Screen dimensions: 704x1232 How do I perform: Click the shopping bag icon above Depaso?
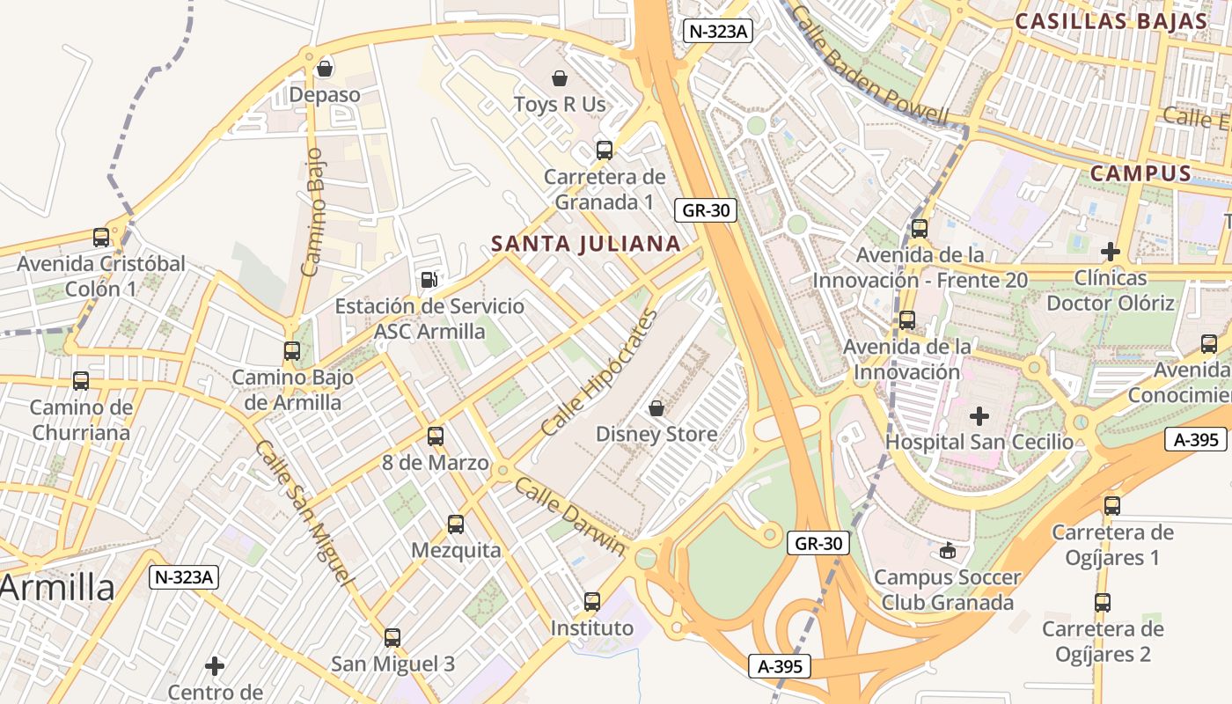click(x=325, y=68)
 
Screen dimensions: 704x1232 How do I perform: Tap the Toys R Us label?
click(x=560, y=105)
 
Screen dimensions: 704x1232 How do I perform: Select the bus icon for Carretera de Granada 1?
click(x=605, y=150)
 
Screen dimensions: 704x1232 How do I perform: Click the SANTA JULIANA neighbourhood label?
click(x=586, y=244)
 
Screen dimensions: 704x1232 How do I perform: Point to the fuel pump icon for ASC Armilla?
click(x=429, y=280)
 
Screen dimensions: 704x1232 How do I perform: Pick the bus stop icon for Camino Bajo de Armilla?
click(x=292, y=351)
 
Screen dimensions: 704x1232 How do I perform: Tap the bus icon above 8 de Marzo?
click(x=436, y=436)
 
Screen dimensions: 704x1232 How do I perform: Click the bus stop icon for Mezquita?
click(x=456, y=524)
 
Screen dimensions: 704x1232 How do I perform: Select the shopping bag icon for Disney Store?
click(x=656, y=408)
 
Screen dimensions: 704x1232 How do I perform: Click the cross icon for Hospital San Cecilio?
click(x=979, y=415)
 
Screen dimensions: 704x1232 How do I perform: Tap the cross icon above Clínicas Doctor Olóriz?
click(x=1111, y=252)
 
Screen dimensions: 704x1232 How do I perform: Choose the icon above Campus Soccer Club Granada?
click(x=947, y=551)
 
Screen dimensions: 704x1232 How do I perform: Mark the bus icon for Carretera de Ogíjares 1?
click(x=1112, y=506)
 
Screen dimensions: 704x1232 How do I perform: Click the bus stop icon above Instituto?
click(x=592, y=602)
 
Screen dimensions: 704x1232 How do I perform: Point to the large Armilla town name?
click(x=57, y=588)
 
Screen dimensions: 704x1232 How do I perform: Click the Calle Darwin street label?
click(x=570, y=517)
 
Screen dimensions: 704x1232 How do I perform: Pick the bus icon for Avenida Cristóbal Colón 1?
click(x=101, y=238)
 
